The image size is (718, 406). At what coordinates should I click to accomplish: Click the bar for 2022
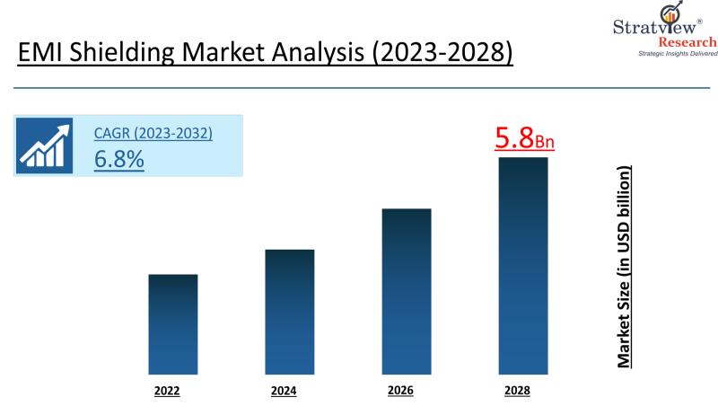tap(172, 323)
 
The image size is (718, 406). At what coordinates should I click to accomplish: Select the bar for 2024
tap(290, 311)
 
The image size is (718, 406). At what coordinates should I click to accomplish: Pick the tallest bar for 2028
tap(523, 265)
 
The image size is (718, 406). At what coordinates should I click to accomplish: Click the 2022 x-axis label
tap(167, 391)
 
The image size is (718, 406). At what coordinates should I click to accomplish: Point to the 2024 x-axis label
tap(284, 391)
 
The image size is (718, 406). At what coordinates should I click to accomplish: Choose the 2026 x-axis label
tap(400, 391)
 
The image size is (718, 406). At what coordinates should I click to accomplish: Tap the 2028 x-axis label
tap(517, 391)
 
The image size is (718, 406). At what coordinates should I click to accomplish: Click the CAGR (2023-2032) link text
tap(153, 134)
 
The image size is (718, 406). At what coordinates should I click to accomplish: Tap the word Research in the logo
tap(687, 42)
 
